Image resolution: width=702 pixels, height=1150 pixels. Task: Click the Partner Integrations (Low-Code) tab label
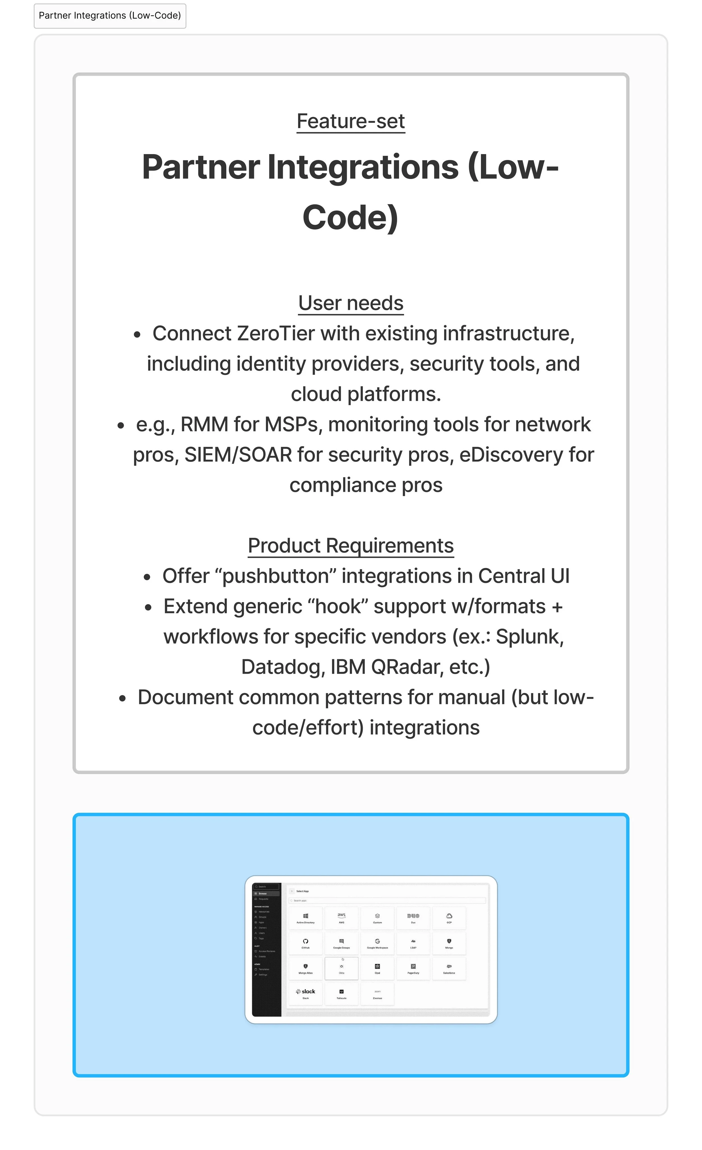tap(110, 15)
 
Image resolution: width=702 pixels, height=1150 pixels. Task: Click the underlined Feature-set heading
tap(350, 121)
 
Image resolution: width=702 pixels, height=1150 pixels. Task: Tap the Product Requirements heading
tap(350, 546)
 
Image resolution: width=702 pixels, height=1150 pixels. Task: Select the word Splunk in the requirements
tap(529, 637)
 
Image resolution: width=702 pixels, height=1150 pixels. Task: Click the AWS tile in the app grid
tap(341, 918)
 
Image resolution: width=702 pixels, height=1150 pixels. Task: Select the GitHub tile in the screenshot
tap(306, 943)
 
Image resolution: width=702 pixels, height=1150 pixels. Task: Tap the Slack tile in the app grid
tap(306, 993)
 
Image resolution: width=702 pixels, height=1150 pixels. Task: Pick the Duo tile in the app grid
tap(413, 918)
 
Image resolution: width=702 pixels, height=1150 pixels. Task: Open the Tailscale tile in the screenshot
tap(341, 993)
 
